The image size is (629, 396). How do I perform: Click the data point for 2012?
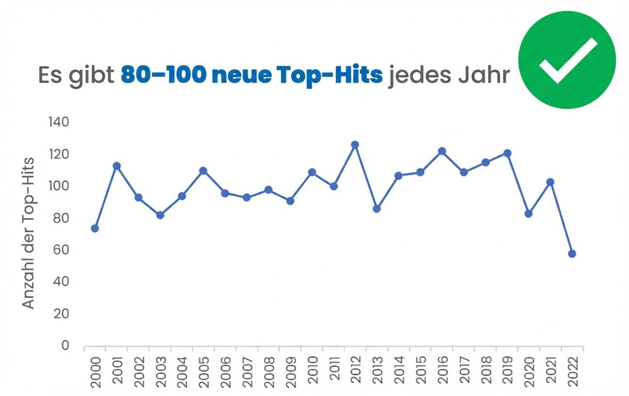tap(355, 145)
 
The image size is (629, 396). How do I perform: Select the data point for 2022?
tap(572, 254)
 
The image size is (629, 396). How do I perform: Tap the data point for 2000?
tap(95, 229)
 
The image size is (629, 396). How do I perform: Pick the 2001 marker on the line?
tap(116, 166)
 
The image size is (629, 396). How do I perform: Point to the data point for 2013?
tap(377, 209)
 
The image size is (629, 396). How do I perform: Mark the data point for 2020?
tap(529, 214)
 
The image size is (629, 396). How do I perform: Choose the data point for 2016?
tap(442, 151)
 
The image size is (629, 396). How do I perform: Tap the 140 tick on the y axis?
tap(58, 122)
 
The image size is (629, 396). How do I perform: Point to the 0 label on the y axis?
tap(65, 346)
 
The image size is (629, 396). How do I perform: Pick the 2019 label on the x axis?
tap(507, 370)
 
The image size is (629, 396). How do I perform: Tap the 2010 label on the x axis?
tap(312, 370)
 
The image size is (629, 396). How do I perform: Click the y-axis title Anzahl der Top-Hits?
tap(30, 233)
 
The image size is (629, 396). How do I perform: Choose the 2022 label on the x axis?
tap(572, 370)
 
